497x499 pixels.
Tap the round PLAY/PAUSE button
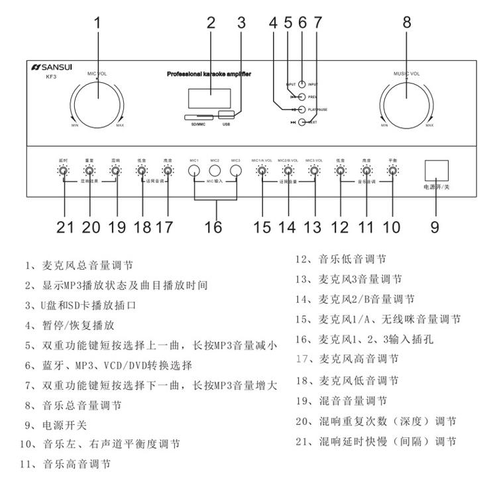point(303,109)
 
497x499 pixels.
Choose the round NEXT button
point(303,122)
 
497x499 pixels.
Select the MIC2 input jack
point(215,172)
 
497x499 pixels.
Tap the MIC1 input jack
point(194,172)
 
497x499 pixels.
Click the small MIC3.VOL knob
point(314,172)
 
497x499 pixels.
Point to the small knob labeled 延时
point(63,172)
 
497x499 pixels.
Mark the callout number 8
point(406,22)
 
